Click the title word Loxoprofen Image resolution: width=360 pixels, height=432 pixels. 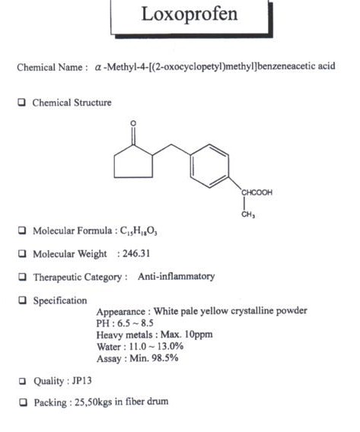click(x=190, y=14)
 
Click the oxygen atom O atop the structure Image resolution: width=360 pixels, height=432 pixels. click(x=133, y=123)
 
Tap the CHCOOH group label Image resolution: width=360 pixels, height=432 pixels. click(x=257, y=192)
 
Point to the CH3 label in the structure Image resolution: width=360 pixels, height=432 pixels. click(x=248, y=214)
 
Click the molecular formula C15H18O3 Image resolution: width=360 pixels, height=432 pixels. click(x=139, y=231)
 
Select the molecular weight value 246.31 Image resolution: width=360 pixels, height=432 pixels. click(x=136, y=253)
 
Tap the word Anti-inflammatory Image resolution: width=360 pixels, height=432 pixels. click(x=177, y=276)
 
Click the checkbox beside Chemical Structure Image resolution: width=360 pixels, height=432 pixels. click(x=22, y=102)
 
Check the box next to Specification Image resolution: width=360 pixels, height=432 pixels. click(x=22, y=300)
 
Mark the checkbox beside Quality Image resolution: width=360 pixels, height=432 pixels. click(x=23, y=381)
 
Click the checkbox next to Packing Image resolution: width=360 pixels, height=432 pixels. click(x=24, y=402)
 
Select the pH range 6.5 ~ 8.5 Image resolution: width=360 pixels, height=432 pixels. click(x=135, y=323)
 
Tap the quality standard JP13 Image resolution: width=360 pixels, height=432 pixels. click(x=81, y=381)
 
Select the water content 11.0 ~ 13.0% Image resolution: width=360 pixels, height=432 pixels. click(x=156, y=346)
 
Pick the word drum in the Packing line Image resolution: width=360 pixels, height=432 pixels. click(x=158, y=401)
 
